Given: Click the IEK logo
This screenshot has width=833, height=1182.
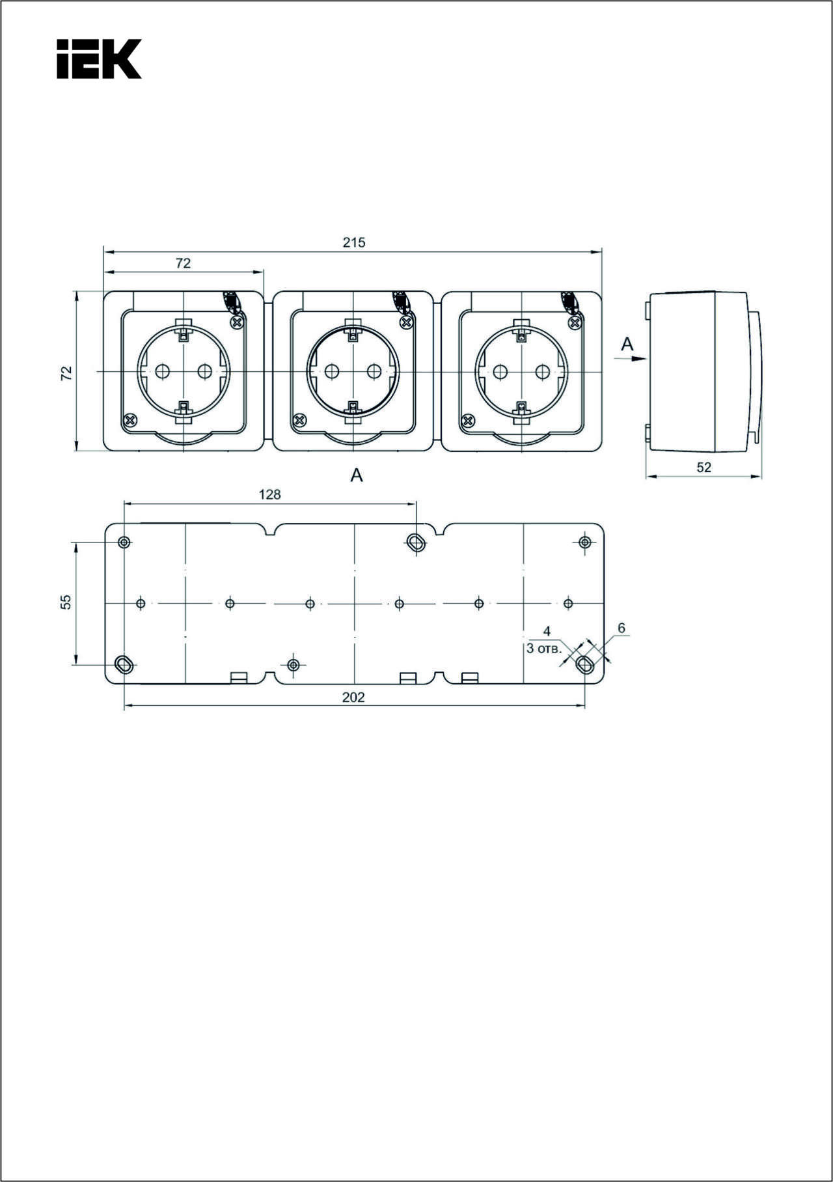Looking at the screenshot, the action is (x=99, y=59).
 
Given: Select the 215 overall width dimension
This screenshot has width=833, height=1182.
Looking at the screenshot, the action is (x=354, y=242).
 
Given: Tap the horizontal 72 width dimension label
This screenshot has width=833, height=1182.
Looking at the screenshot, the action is (x=184, y=263).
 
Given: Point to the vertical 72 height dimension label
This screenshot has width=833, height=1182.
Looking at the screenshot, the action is (x=66, y=373).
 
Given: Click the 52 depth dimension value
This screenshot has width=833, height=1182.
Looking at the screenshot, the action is (x=703, y=467).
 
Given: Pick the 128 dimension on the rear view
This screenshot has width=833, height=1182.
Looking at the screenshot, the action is (x=269, y=494).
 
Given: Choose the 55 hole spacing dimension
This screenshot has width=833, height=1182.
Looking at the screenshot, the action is (x=66, y=602).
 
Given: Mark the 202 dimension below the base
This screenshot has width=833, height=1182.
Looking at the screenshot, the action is (x=354, y=697).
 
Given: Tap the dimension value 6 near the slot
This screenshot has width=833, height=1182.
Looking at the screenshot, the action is (x=621, y=628).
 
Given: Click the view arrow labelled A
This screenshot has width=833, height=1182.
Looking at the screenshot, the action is (x=630, y=358).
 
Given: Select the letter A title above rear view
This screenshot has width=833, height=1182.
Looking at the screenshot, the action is (x=357, y=475).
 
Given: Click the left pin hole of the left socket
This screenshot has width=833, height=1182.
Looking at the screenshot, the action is (x=163, y=371).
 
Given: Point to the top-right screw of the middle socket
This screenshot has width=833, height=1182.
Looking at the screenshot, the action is (x=406, y=322).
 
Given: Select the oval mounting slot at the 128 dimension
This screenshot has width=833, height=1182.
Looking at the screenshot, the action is (x=415, y=542).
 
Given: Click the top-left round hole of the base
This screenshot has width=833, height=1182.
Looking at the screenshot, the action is (x=124, y=542).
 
